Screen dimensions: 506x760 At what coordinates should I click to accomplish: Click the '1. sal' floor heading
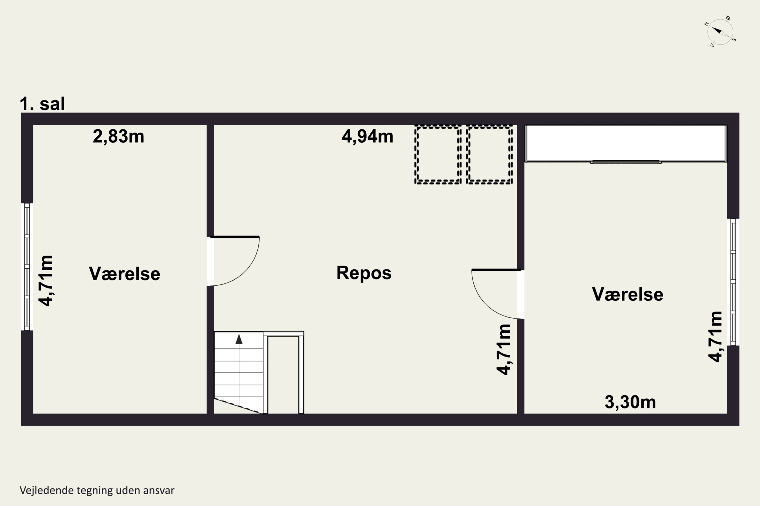tap(42, 104)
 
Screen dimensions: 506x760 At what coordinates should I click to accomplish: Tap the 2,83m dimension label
tap(118, 137)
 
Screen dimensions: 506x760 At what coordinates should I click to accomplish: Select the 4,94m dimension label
tap(367, 137)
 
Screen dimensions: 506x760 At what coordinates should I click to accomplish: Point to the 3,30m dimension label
tap(630, 402)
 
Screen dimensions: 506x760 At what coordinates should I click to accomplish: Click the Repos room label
tap(364, 273)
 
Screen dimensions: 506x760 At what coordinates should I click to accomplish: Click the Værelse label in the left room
tap(124, 274)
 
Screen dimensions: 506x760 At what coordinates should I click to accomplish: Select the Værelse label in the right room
tap(628, 294)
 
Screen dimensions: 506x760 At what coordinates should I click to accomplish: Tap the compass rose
tap(720, 32)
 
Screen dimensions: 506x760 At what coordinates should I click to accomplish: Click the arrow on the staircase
tap(239, 339)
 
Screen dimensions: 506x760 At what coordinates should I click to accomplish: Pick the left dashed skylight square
tap(438, 155)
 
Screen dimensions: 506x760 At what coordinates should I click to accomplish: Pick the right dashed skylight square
tap(489, 155)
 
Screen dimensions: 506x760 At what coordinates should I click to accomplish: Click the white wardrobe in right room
tap(625, 143)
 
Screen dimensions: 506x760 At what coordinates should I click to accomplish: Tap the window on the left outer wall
tap(27, 267)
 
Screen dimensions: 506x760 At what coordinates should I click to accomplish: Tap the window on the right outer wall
tap(733, 282)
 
